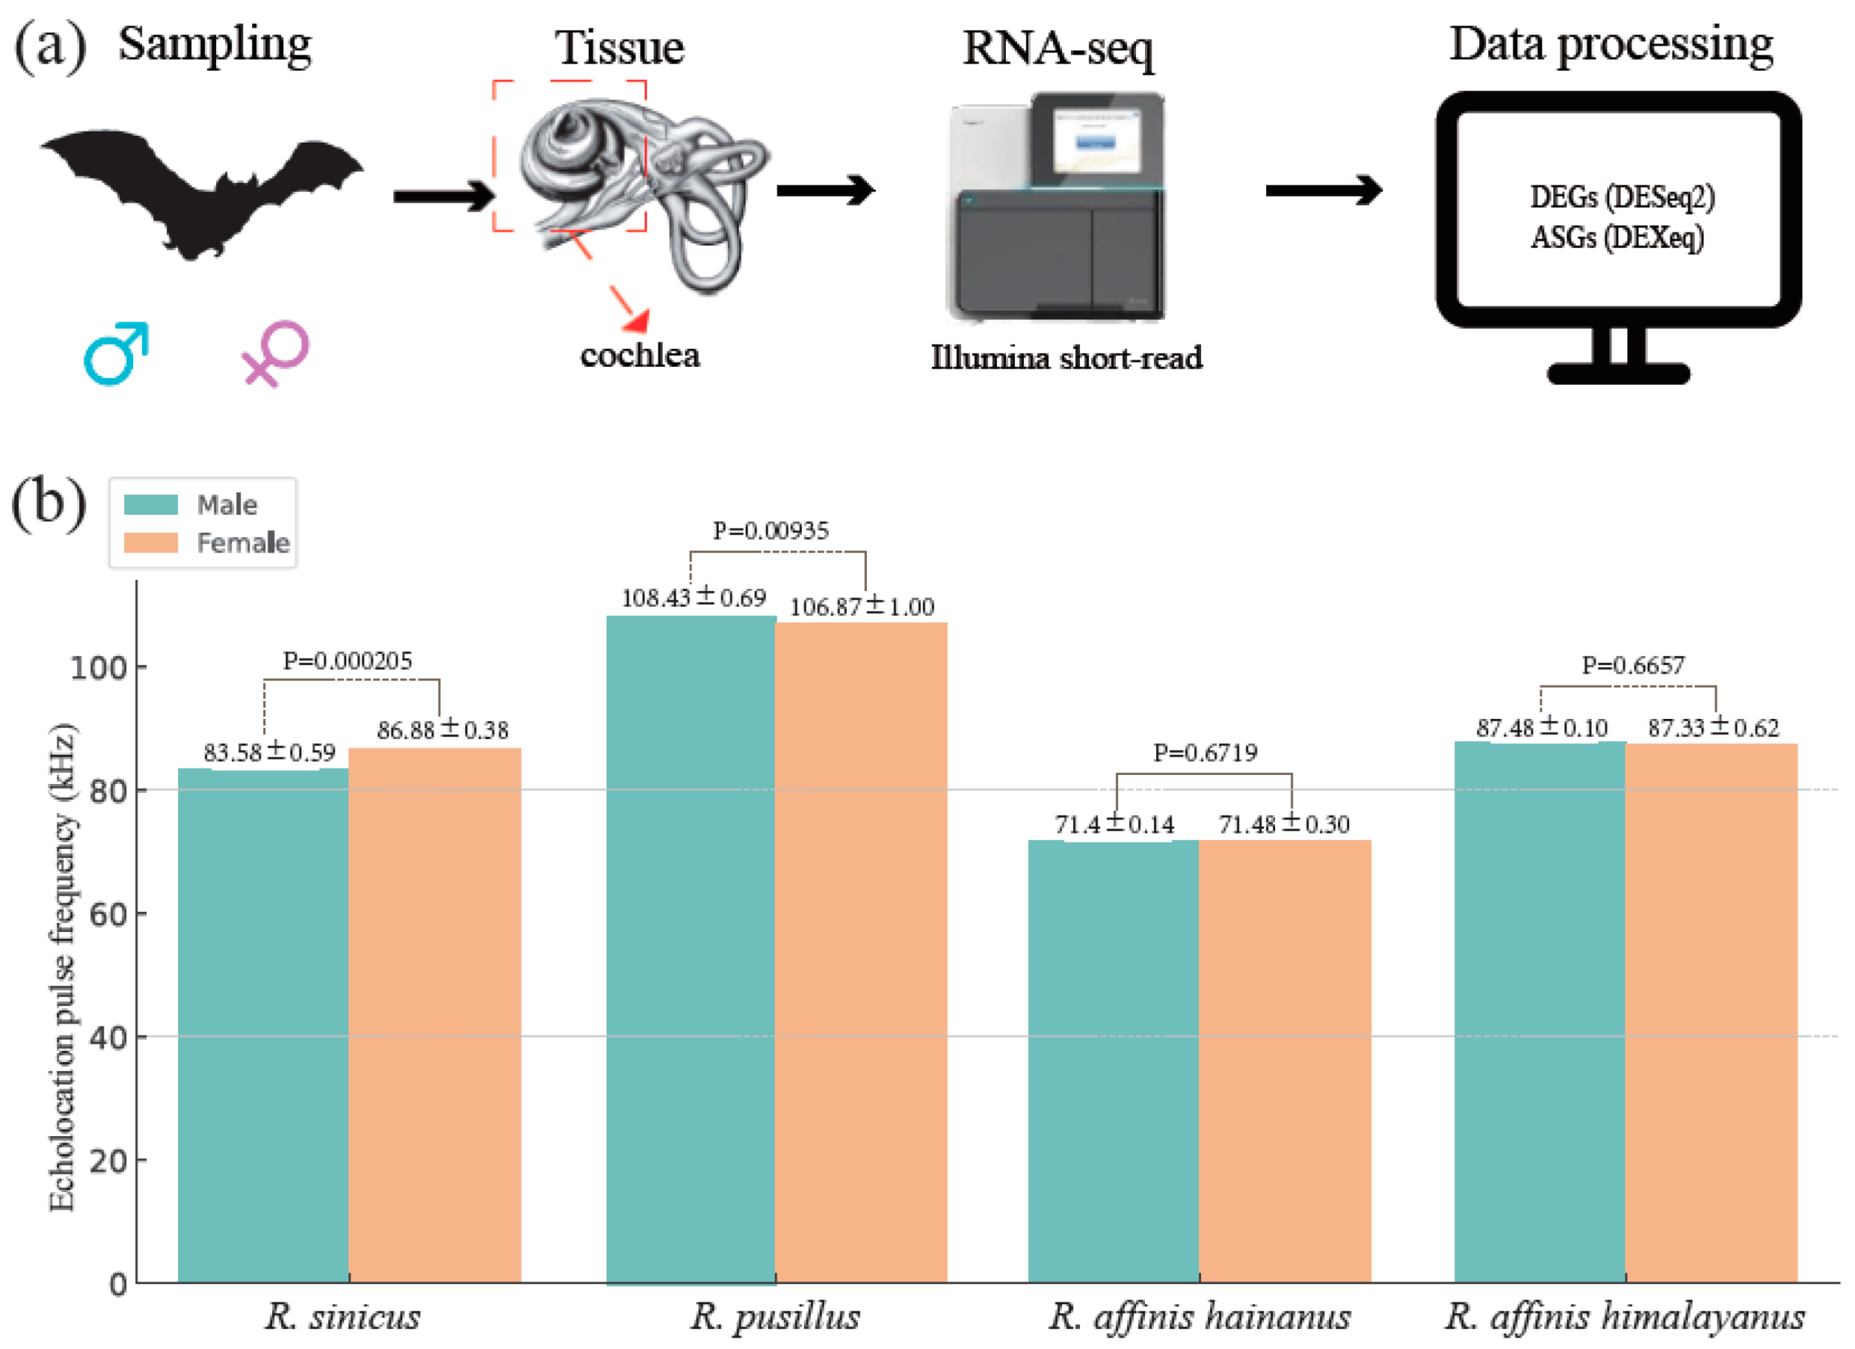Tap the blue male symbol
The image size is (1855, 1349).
point(115,354)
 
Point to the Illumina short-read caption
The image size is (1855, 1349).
point(1067,358)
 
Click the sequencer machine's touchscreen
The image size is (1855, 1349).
point(1096,139)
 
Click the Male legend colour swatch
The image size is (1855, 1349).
point(150,504)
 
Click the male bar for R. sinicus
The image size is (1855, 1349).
point(263,1023)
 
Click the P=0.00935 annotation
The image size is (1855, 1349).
point(771,531)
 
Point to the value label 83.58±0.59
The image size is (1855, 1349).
point(269,752)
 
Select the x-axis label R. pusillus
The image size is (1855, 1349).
point(774,1316)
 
